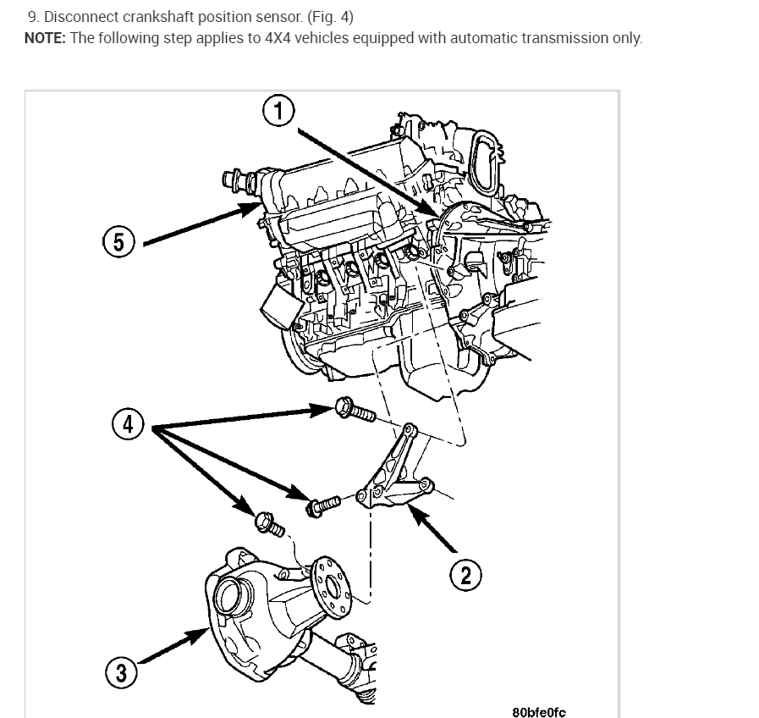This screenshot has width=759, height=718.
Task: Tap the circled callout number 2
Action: (x=465, y=576)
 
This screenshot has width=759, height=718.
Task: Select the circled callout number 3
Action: (x=121, y=673)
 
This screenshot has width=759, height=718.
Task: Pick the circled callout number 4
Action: (x=128, y=423)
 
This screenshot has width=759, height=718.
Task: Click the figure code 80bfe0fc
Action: (x=539, y=712)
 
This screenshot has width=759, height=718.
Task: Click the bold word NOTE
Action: (x=45, y=38)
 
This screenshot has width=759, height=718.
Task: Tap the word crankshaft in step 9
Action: (x=156, y=17)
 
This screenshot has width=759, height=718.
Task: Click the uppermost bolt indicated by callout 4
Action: (x=356, y=411)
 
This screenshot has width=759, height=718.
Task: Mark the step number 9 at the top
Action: (x=32, y=17)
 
